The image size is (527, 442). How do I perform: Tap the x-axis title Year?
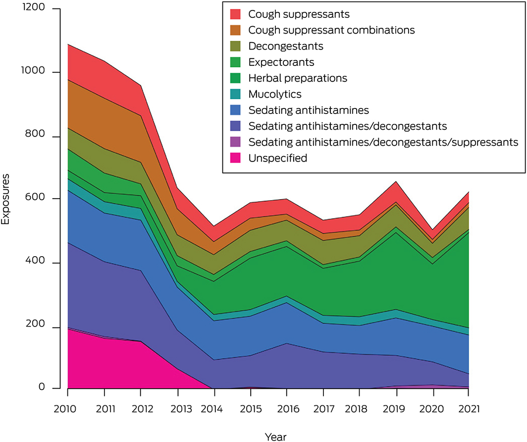275,436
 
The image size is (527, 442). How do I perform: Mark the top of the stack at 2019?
396,181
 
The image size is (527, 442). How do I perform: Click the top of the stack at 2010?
68,44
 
